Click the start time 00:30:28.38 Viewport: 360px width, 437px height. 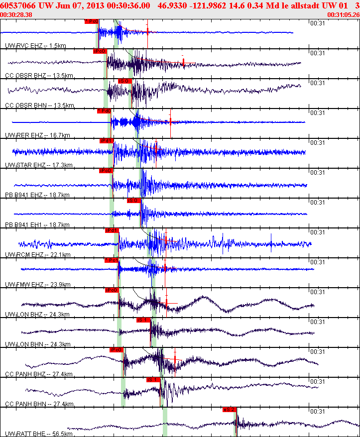16,15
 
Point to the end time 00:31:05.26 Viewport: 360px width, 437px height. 343,15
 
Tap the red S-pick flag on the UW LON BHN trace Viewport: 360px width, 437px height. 143,320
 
